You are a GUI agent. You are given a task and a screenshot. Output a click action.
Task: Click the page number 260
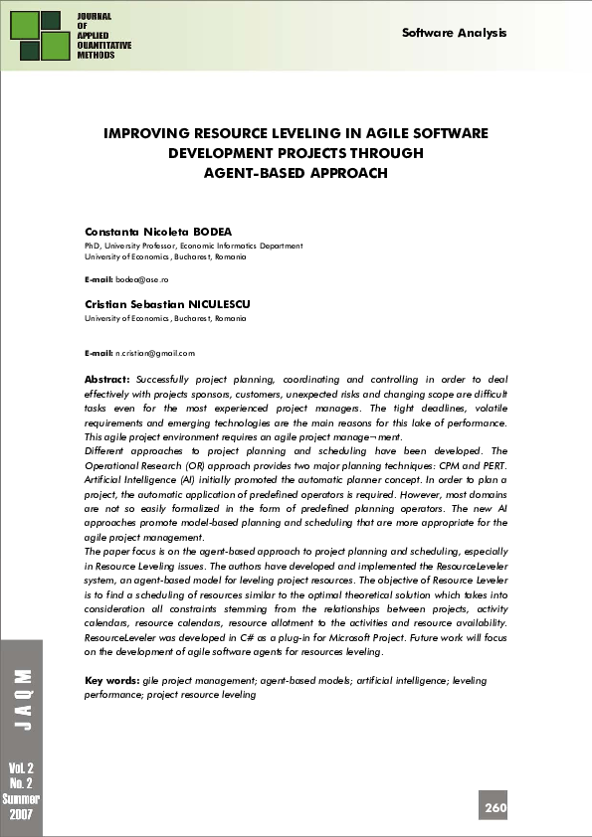(x=495, y=808)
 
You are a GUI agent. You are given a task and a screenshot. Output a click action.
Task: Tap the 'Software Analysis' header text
(x=454, y=33)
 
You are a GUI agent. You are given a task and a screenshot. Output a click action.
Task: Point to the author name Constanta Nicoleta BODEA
(x=158, y=232)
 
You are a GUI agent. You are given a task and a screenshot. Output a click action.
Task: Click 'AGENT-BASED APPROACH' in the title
(x=295, y=172)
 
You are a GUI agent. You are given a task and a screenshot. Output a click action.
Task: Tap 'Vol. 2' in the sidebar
(x=20, y=769)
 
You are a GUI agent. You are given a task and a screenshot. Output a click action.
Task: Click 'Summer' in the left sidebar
(x=20, y=799)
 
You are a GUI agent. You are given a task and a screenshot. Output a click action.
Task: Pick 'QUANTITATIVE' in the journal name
(x=104, y=47)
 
